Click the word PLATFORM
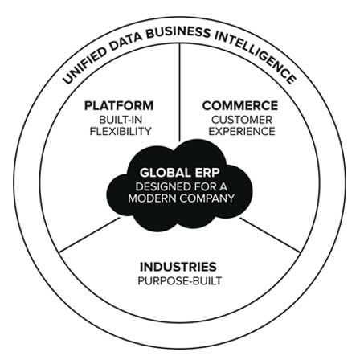pos(119,105)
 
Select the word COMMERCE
pos(240,105)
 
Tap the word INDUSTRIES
pos(178,267)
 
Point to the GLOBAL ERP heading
pos(180,173)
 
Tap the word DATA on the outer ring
pos(125,41)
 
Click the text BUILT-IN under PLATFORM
pos(121,120)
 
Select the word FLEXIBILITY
pos(121,131)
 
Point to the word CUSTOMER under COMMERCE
pos(242,120)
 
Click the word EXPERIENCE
pos(242,131)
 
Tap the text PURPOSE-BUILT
pos(180,281)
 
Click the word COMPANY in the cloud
pos(207,198)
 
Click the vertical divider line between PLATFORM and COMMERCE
pos(180,92)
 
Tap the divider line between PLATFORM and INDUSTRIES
pos(89,235)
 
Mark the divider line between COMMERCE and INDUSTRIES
pos(270,235)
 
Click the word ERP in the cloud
pos(207,173)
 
